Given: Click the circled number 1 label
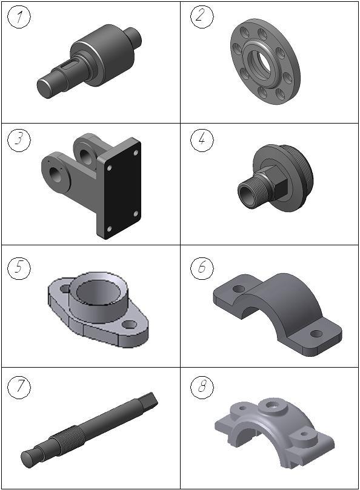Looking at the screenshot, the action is click(19, 17).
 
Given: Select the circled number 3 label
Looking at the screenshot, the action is click(19, 140).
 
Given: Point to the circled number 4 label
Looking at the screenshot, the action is click(202, 140).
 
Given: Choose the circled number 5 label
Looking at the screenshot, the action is click(19, 268).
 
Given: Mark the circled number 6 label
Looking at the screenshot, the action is click(202, 268).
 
